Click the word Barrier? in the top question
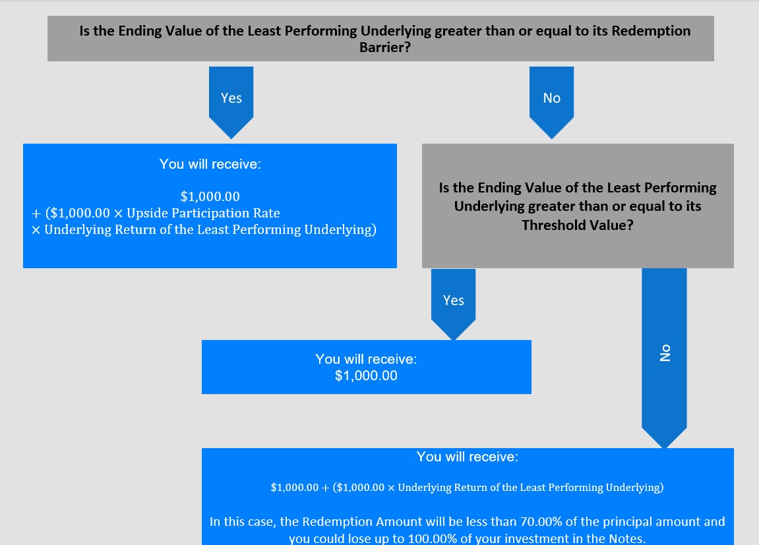(385, 47)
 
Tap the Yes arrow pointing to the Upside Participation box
(231, 103)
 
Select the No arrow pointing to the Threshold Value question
(551, 103)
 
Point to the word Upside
(147, 214)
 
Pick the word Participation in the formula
(212, 214)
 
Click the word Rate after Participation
(268, 214)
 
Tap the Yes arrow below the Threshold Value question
(453, 304)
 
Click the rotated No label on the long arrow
(665, 353)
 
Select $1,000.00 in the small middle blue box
(366, 376)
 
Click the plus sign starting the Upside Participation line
(36, 214)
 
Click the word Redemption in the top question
(651, 31)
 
